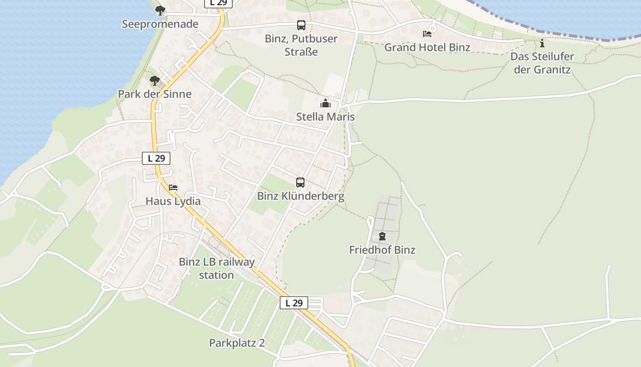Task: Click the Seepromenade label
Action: click(x=160, y=24)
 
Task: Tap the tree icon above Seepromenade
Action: click(x=160, y=10)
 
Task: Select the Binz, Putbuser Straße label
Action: click(x=301, y=45)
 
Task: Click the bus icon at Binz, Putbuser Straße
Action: click(x=301, y=25)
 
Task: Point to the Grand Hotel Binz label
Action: click(x=427, y=47)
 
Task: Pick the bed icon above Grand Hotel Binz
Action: click(x=427, y=33)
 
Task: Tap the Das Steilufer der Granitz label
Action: click(x=542, y=63)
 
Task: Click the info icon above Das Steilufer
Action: click(x=542, y=44)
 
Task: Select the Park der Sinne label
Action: click(x=154, y=94)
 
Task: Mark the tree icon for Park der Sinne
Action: click(x=155, y=81)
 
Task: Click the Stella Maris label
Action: click(x=325, y=117)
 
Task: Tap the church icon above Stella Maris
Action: click(x=326, y=103)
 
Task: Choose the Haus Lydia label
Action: click(x=173, y=201)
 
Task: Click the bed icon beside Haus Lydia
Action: click(x=173, y=187)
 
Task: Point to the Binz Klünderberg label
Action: click(x=300, y=196)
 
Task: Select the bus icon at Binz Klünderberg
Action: click(x=300, y=183)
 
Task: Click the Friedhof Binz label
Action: click(x=382, y=250)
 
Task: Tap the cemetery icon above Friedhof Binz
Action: click(x=382, y=236)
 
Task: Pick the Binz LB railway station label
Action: click(x=217, y=268)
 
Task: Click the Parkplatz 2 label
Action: click(x=237, y=343)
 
